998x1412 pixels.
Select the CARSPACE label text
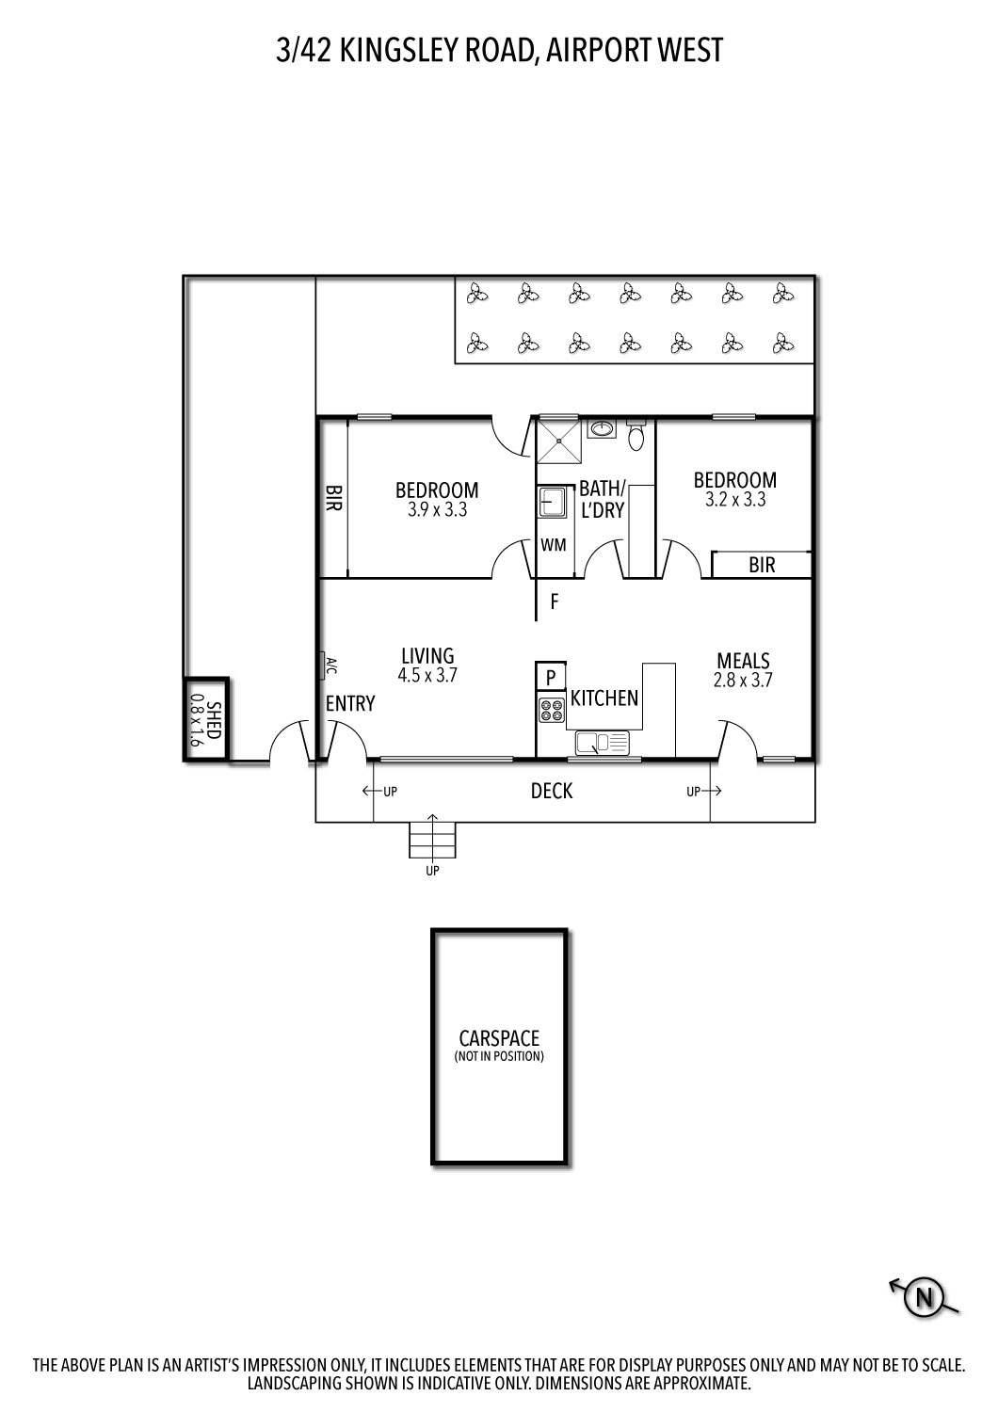(499, 1038)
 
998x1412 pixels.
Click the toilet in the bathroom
(636, 435)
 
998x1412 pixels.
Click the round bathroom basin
(601, 430)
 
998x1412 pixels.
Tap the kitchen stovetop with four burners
(551, 710)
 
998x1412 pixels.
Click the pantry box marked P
(551, 677)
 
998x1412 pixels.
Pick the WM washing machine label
(553, 544)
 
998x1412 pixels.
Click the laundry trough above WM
(552, 502)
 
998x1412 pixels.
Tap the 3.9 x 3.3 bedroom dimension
(437, 510)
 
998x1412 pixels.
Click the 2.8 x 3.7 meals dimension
(743, 680)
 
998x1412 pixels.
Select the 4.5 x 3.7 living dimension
(427, 674)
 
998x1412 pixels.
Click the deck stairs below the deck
(432, 839)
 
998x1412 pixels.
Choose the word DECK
(552, 791)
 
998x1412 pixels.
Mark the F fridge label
(555, 602)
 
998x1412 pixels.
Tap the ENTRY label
(350, 703)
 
